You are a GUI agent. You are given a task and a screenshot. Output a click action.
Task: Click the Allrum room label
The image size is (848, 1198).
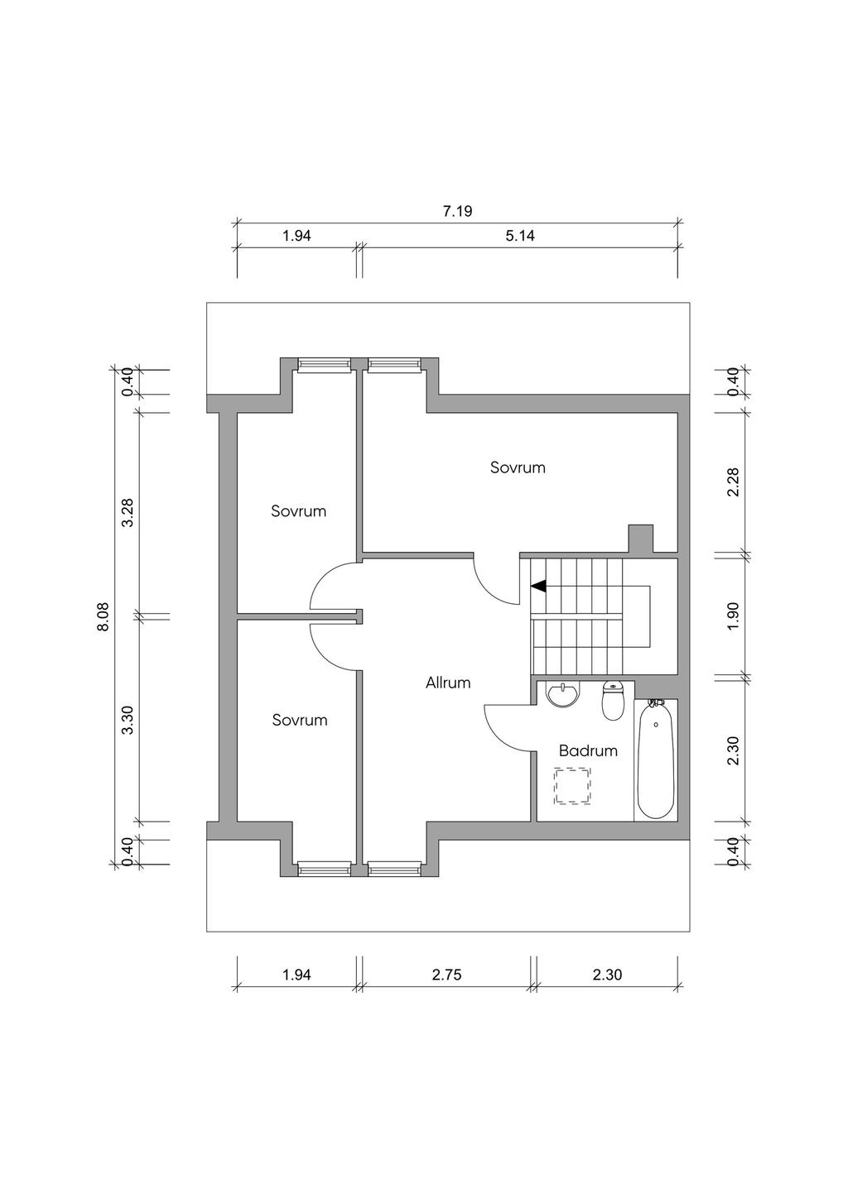(x=448, y=683)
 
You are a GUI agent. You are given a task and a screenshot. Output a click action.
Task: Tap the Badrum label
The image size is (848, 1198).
(x=588, y=751)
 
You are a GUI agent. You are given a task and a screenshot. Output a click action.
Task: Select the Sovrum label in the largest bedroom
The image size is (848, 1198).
(x=518, y=467)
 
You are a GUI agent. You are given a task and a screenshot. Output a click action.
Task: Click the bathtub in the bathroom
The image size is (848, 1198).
(x=656, y=759)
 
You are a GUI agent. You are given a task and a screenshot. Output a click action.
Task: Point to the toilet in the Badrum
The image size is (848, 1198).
(x=613, y=701)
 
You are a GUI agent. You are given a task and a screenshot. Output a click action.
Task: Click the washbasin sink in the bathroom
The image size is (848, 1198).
(x=562, y=694)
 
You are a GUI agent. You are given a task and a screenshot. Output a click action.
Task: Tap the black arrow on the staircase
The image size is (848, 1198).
(x=538, y=587)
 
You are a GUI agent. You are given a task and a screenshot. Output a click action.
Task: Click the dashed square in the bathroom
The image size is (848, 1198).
(x=573, y=786)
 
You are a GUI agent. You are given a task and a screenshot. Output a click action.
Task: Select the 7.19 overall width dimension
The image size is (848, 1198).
(x=458, y=211)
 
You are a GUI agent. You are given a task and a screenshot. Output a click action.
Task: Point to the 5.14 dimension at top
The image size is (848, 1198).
(x=520, y=236)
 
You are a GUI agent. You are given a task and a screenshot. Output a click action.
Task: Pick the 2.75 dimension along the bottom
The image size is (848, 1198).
(x=446, y=975)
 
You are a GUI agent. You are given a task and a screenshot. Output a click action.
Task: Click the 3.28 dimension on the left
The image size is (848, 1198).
(x=128, y=513)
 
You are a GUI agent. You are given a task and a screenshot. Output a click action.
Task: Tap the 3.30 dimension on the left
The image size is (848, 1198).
(x=128, y=721)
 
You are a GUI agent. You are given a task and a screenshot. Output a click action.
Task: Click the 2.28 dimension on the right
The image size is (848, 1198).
(x=734, y=482)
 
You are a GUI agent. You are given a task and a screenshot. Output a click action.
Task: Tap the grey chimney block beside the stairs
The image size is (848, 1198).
(x=641, y=538)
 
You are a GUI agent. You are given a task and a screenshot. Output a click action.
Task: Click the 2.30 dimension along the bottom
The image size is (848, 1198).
(x=607, y=975)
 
